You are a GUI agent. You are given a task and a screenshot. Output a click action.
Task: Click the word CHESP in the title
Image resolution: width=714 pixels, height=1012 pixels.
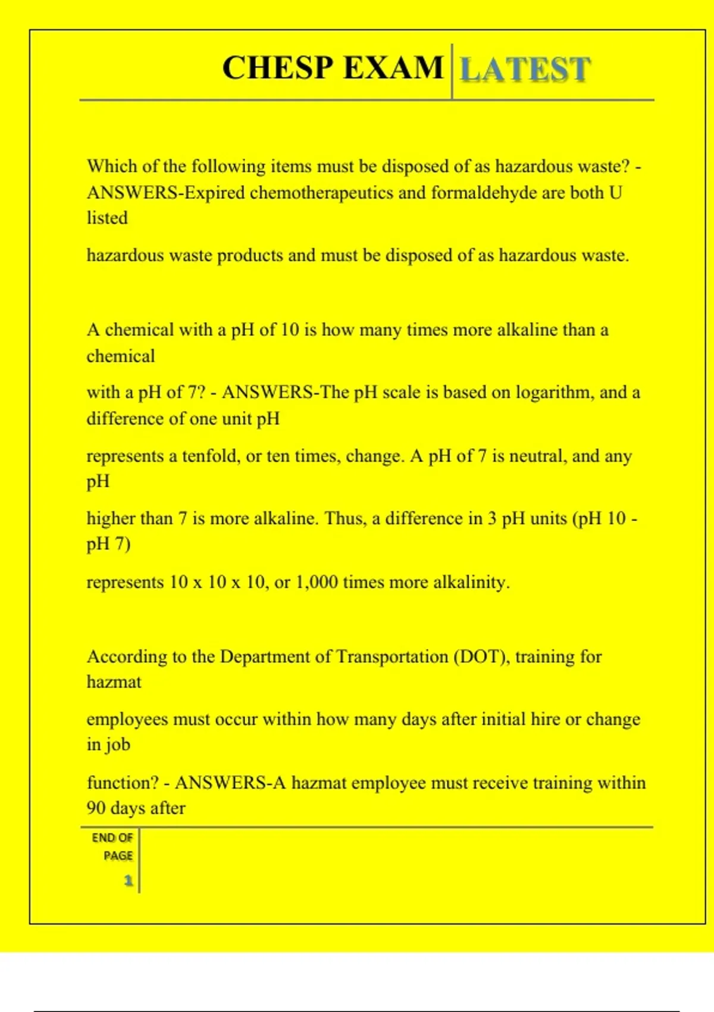277,67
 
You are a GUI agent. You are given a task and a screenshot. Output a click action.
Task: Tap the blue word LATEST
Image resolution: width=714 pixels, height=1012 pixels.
525,69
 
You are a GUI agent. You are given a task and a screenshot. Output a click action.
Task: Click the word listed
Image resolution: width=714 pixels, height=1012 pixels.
107,218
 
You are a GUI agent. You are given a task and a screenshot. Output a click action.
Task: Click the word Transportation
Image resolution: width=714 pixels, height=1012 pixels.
392,657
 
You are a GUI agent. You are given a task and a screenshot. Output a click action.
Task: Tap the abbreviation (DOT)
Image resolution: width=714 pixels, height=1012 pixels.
481,657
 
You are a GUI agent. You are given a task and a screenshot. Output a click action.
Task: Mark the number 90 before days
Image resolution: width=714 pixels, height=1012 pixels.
96,808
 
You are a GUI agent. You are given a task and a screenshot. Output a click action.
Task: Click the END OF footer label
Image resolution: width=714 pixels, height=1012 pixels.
112,838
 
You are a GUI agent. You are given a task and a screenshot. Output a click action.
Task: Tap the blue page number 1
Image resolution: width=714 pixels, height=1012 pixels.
128,880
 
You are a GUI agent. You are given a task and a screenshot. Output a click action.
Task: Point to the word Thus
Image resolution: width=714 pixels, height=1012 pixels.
346,519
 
